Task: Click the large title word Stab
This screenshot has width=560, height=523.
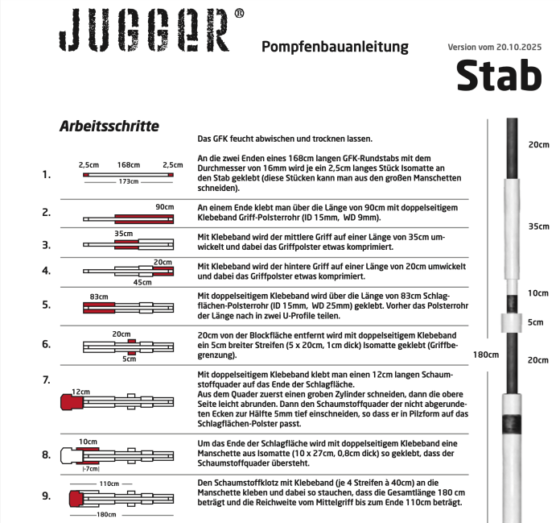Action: pos(499,75)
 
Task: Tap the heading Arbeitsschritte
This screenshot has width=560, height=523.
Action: pos(109,127)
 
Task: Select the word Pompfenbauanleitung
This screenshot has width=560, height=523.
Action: pos(336,48)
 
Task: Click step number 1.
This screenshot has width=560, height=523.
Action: pos(46,174)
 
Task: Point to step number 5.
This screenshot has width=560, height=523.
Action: pos(46,305)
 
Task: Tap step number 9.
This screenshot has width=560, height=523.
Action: pos(46,496)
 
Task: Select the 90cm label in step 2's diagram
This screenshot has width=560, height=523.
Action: pos(165,207)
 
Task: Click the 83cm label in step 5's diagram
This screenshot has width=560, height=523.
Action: pos(99,297)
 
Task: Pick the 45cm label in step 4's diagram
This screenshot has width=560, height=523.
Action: pos(142,281)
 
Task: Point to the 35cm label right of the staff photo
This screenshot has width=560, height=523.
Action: pos(537,226)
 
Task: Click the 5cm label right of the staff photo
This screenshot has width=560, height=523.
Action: pos(536,322)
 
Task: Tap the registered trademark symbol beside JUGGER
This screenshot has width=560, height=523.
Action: pos(239,15)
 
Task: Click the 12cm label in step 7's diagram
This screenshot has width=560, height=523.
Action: pos(80,390)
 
